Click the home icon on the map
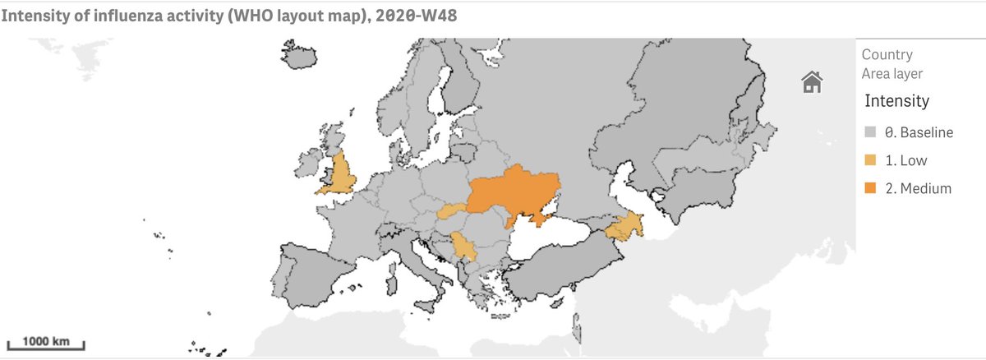(812, 81)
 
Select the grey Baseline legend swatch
(870, 132)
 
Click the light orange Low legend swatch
(870, 160)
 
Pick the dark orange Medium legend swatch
(870, 189)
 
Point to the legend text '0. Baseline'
(918, 132)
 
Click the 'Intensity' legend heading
(896, 101)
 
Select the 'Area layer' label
(892, 74)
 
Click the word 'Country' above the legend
(887, 55)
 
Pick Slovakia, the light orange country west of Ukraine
(452, 211)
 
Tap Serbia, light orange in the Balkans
(463, 247)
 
